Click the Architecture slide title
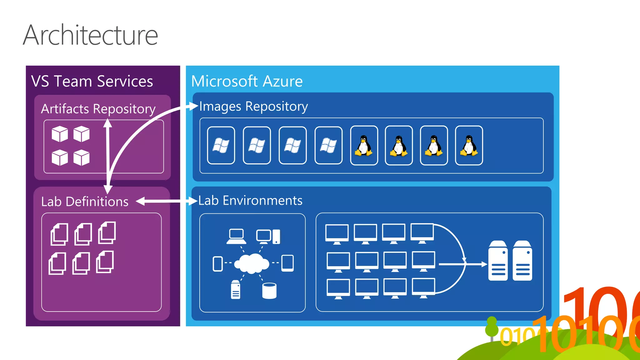pos(91,35)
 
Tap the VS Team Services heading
pos(92,81)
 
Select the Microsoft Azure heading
pos(247,81)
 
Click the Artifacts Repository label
pos(98,109)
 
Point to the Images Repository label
pos(253,106)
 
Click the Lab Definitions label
pos(85,202)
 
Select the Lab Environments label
pos(250,200)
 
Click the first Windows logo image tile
pos(221,145)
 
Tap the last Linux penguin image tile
pos(469,145)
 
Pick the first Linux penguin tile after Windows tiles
pos(364,145)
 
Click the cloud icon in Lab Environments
pos(252,263)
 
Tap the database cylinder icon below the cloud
pos(269,291)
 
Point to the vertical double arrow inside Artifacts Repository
pos(108,156)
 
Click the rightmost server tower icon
pos(522,261)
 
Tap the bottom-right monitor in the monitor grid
pos(423,288)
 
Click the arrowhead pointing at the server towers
pos(484,264)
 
